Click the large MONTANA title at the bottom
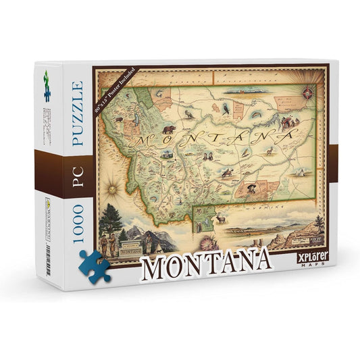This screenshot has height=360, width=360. (x=206, y=265)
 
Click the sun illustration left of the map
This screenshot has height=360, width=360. (x=110, y=183)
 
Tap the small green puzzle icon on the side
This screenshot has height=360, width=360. (x=46, y=77)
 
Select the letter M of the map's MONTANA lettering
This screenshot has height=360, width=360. (x=143, y=140)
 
